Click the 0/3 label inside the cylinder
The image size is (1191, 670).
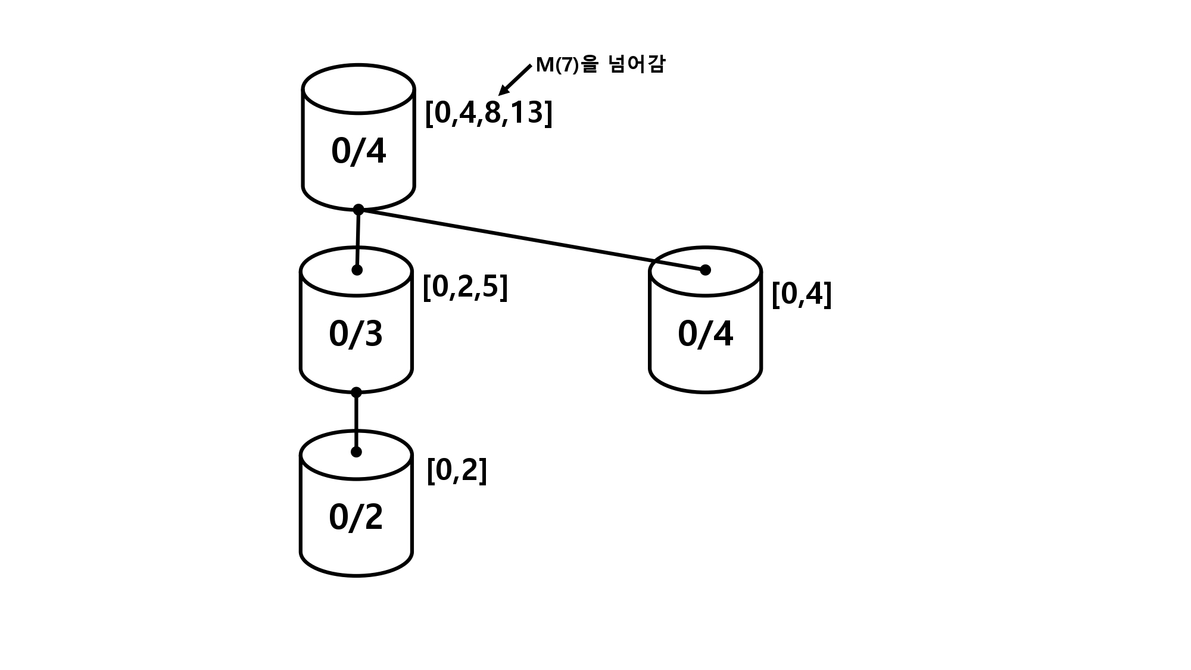tap(356, 334)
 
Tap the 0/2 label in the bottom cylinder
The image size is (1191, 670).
tap(356, 517)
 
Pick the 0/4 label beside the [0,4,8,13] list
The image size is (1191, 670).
tap(358, 151)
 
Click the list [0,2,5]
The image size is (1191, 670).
tap(465, 287)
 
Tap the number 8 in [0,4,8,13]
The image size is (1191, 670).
tap(492, 113)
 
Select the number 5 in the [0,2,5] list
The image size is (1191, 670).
tap(490, 287)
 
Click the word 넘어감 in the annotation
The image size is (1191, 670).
tap(637, 64)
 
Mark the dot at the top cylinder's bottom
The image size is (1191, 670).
tap(358, 210)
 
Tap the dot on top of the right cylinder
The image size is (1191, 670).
tap(705, 270)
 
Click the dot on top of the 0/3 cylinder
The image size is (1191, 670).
tap(357, 270)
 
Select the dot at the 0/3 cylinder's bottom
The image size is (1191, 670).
tap(356, 392)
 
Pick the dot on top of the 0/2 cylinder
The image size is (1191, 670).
tap(356, 452)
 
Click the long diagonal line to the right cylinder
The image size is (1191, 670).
tap(532, 240)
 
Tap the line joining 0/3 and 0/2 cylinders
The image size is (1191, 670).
tap(356, 422)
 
